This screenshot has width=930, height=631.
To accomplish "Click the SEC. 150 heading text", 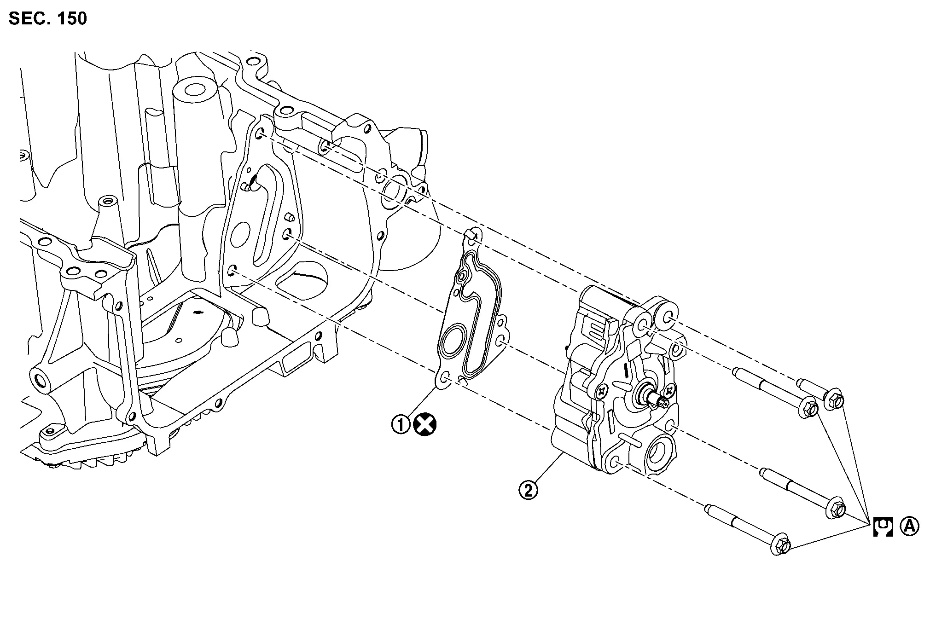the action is [x=47, y=19].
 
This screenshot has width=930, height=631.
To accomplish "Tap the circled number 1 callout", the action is [x=401, y=424].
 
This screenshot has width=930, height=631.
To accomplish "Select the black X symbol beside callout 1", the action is [x=425, y=424].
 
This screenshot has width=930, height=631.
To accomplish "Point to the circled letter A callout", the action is [x=909, y=526].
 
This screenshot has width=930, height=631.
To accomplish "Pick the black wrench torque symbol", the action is [x=883, y=527].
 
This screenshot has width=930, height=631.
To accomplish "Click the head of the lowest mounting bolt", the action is [x=779, y=545].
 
